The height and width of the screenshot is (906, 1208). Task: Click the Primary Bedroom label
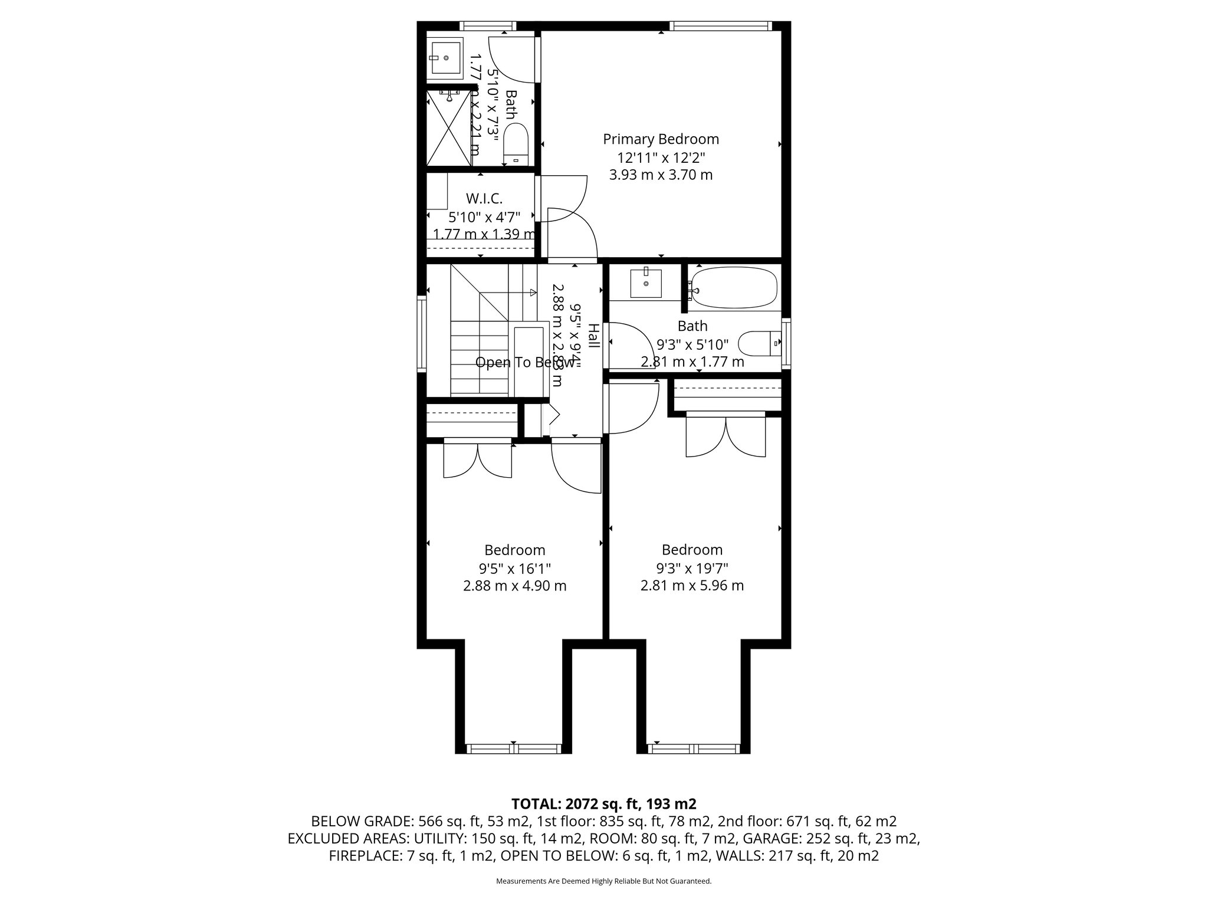tap(661, 139)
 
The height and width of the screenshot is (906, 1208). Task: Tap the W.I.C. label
tap(484, 198)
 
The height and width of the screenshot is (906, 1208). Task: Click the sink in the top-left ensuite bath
tap(446, 58)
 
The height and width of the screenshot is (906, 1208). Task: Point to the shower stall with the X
tap(449, 128)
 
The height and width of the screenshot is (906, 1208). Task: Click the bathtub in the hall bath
tap(734, 288)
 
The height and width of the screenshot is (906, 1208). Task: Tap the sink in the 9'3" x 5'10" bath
tap(646, 284)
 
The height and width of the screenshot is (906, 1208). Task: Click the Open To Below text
tap(525, 362)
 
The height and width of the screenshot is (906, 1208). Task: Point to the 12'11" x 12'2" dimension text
tap(661, 157)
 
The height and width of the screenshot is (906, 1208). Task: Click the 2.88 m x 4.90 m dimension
tap(514, 586)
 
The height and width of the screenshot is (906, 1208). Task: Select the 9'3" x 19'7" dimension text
tap(692, 568)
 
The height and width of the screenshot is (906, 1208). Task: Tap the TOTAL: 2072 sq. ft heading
tap(603, 803)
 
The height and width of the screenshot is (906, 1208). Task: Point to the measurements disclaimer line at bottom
tap(603, 881)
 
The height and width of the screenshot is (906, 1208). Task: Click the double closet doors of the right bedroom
tap(726, 436)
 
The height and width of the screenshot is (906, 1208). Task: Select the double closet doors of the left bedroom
tap(478, 461)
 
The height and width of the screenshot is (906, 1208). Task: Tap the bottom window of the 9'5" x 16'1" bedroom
tap(514, 749)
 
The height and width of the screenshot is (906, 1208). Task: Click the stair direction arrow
tap(533, 293)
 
